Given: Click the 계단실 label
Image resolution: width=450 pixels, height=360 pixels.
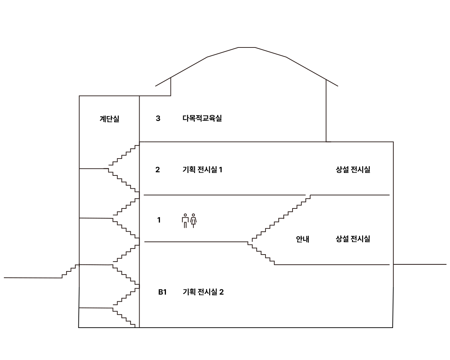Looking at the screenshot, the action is tap(109, 119).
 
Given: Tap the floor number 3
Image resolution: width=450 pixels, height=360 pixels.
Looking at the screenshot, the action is tap(158, 118).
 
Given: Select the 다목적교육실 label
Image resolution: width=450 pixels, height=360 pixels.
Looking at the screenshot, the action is tap(202, 118).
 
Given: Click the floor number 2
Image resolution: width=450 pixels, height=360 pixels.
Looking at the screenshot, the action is tap(157, 170).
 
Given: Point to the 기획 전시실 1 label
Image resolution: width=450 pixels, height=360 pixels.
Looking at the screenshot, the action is tap(202, 170).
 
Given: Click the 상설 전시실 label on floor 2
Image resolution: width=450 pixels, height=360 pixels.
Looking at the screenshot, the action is tap(353, 170).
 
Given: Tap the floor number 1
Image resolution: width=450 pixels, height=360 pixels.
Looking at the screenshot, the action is tap(159, 220).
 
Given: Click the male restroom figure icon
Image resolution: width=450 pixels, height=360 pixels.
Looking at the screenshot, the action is tap(185, 221).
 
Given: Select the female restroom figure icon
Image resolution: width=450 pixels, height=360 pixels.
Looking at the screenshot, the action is tap(193, 221).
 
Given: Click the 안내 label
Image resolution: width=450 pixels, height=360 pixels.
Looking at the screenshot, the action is tap(302, 239).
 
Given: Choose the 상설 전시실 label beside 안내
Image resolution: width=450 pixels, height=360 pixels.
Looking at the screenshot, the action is tap(353, 239).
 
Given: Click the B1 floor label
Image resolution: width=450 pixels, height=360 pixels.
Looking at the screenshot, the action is tap(162, 292).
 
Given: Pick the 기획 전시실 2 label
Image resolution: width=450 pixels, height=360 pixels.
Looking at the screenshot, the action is tap(203, 292).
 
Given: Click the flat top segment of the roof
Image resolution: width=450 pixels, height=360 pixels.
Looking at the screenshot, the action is tap(246, 47).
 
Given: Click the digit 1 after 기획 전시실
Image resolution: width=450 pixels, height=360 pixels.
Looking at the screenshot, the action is tap(221, 170).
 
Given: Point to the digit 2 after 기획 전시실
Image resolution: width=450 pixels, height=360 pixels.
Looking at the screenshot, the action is tap(221, 292).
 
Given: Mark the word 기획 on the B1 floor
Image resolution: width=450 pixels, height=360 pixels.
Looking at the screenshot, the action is tap(189, 292).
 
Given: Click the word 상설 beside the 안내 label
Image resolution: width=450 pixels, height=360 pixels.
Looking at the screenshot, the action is tap(342, 239).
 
